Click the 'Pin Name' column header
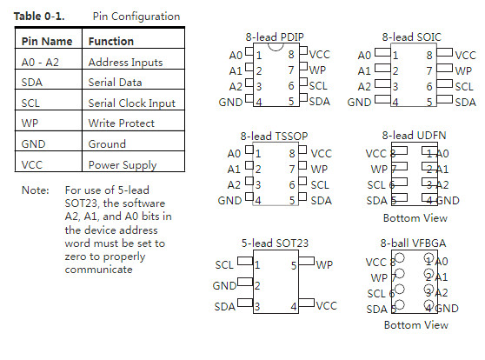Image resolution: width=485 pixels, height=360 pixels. tap(47, 42)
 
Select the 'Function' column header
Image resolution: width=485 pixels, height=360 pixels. tap(111, 42)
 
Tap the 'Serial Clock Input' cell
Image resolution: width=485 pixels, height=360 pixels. tap(132, 103)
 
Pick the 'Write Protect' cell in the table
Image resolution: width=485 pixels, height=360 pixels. tap(122, 123)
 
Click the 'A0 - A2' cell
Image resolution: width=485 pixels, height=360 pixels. tap(40, 63)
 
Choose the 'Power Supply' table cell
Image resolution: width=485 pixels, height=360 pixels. tap(123, 165)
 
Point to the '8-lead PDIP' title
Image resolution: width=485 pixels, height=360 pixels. tap(275, 37)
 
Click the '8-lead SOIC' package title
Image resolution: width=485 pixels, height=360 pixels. tap(411, 37)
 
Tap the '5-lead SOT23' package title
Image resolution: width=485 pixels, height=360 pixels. tap(275, 243)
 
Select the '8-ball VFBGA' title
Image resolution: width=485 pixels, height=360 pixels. tap(413, 243)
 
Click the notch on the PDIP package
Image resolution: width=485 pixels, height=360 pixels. tap(276, 48)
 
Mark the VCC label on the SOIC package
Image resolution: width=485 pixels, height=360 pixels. tap(466, 56)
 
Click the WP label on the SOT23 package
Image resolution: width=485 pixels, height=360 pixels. tap(324, 265)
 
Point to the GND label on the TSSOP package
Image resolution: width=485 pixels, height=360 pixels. tap(229, 201)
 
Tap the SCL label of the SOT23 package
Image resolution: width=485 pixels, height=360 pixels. tap(224, 265)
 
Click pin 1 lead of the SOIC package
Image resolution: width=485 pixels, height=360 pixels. tap(382, 52)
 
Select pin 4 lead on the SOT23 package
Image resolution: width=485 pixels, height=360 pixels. tap(307, 303)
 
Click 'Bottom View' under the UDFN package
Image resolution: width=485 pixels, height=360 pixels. tap(415, 218)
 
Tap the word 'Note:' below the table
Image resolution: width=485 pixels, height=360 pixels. tap(36, 190)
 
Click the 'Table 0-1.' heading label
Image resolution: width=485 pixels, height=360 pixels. tap(39, 17)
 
